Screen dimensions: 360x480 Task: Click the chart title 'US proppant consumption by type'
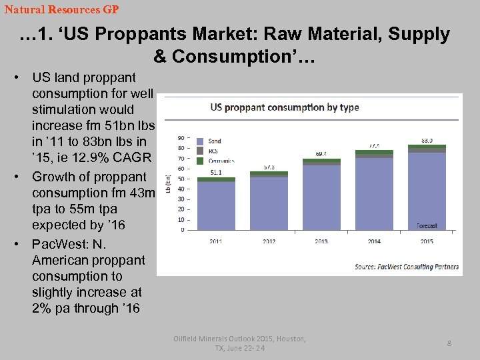click(x=285, y=107)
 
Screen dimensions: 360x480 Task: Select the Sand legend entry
click(x=215, y=141)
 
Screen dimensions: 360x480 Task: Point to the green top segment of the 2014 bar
click(x=374, y=153)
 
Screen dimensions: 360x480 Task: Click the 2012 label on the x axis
click(x=269, y=241)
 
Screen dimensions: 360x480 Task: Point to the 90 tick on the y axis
click(x=181, y=138)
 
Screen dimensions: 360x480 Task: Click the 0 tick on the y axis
click(x=183, y=230)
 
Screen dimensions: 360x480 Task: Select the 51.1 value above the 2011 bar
click(x=216, y=172)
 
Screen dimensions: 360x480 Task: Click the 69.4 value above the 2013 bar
click(x=321, y=153)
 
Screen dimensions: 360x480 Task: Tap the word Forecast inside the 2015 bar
click(x=427, y=225)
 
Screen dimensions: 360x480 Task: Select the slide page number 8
click(x=449, y=343)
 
